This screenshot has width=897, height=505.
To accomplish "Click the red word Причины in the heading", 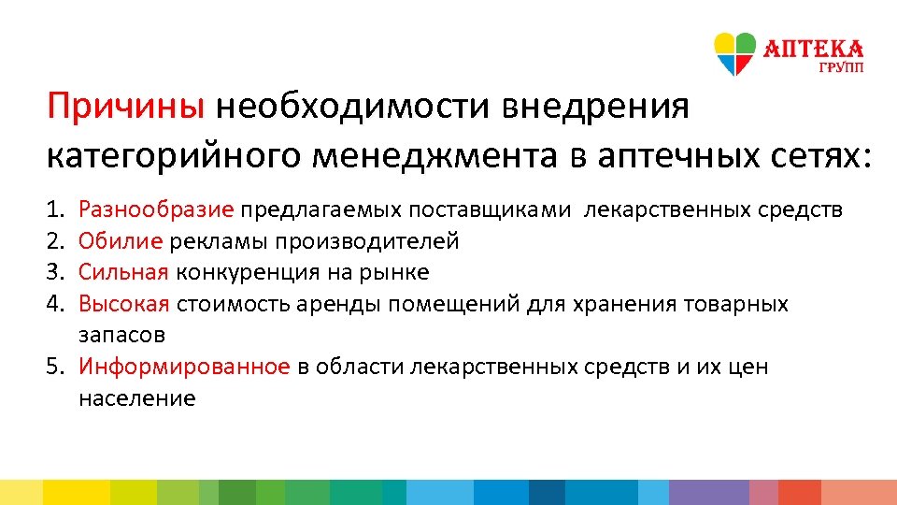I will tap(126, 107).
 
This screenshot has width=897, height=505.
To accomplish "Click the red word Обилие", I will tap(121, 241).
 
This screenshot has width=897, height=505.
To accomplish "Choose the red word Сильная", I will tap(123, 272).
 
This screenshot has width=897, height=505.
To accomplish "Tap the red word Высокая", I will tap(123, 304).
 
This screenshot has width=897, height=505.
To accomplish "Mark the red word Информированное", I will tap(184, 367).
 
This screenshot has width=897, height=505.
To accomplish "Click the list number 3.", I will tap(54, 272).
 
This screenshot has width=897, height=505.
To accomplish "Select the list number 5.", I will tap(54, 367).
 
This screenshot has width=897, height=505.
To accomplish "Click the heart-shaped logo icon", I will tap(734, 53).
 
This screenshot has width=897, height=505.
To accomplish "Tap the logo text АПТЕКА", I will tap(814, 48).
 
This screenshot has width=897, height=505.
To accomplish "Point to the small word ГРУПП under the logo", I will tap(842, 68).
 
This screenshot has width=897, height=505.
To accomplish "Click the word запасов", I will tap(121, 335).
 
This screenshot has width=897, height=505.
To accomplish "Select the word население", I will tap(136, 398).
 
